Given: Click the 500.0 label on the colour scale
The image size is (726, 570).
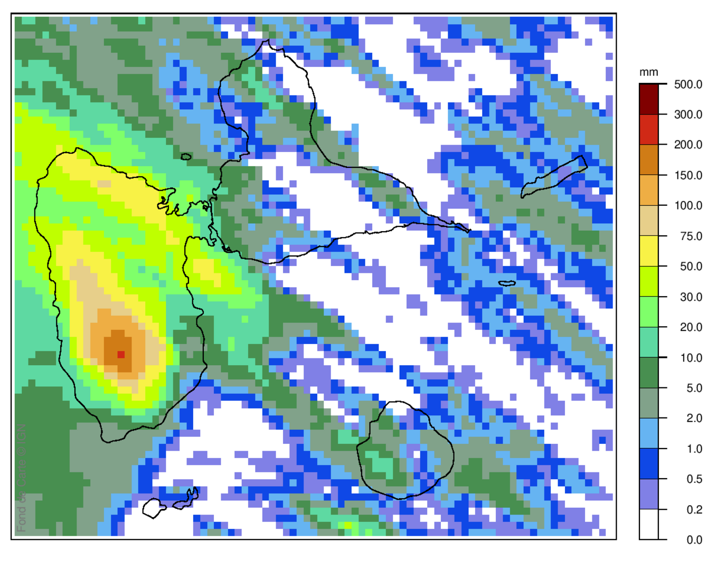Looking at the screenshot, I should (688, 84).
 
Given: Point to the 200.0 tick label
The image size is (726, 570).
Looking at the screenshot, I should (688, 145).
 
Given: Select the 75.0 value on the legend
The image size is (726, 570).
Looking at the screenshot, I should (691, 236).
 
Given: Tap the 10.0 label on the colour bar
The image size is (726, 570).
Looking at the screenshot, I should (691, 358).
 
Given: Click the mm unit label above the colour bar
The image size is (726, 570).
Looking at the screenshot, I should (648, 72).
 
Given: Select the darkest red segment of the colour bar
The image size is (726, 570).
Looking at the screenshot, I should (648, 99).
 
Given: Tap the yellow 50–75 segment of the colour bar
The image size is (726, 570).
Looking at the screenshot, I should (648, 251).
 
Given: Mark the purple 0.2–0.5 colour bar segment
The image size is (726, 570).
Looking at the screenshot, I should (648, 494).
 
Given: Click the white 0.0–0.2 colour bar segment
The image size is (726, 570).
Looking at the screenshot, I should (648, 524).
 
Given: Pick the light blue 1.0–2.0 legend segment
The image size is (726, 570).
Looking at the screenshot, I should (648, 433).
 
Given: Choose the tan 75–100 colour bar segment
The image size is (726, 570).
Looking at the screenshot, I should (648, 221).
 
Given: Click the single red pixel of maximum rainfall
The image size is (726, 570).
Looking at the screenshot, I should (121, 355).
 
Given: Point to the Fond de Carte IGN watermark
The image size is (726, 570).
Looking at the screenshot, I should (22, 478).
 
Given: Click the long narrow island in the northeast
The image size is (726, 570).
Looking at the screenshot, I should (554, 177).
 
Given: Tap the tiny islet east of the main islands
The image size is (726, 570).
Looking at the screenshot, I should (507, 283).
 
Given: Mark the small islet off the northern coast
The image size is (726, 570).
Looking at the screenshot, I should (186, 157).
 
